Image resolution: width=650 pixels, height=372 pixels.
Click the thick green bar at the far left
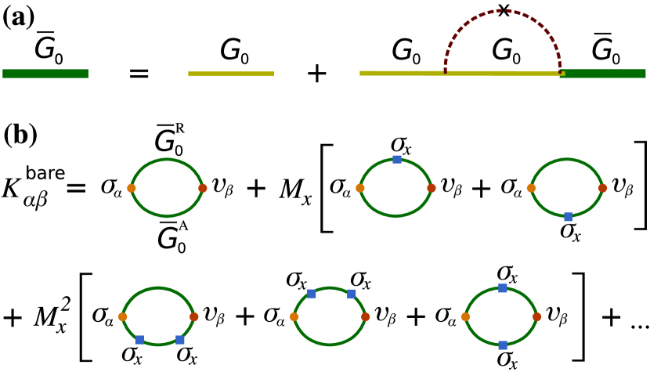(x=45, y=74)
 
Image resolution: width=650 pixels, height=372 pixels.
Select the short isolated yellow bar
(x=231, y=74)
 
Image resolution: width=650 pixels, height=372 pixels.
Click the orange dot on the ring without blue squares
(x=132, y=188)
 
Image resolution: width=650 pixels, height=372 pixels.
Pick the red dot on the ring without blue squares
(x=203, y=188)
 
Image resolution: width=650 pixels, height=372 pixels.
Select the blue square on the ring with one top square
(x=397, y=159)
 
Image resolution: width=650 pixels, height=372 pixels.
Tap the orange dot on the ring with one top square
(x=360, y=188)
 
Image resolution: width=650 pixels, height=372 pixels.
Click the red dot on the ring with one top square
(x=432, y=188)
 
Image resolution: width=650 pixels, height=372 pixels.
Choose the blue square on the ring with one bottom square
(x=568, y=217)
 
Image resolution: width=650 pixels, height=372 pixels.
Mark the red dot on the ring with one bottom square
(x=603, y=188)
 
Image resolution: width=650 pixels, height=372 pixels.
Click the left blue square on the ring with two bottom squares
(x=139, y=340)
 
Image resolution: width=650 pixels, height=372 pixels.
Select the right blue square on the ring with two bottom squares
(x=180, y=340)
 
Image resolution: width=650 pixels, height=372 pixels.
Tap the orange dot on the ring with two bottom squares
(x=123, y=316)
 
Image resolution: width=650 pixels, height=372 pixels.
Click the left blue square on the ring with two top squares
(x=312, y=294)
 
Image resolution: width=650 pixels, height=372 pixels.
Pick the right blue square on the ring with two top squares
(x=352, y=294)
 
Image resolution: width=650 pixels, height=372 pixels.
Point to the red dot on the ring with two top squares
(x=366, y=316)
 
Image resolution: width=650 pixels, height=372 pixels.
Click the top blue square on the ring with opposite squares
(x=503, y=287)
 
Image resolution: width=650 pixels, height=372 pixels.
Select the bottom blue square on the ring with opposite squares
(x=503, y=345)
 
